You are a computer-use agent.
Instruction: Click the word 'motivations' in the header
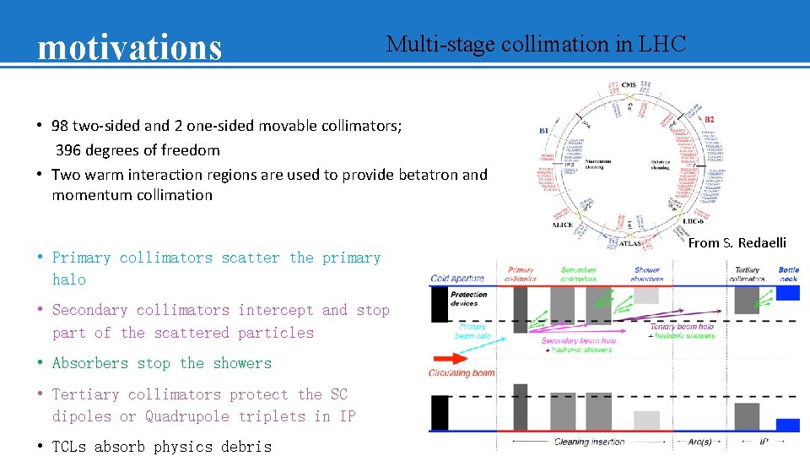point(129,47)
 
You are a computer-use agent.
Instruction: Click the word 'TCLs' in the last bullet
point(69,447)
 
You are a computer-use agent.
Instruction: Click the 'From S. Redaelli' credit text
point(737,243)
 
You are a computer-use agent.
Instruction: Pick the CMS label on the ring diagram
point(629,86)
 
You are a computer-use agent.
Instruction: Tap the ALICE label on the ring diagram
point(562,225)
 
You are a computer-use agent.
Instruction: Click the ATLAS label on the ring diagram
point(630,244)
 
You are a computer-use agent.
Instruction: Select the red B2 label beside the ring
point(709,120)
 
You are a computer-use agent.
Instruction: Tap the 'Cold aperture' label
point(456,278)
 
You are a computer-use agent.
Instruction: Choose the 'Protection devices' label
point(468,299)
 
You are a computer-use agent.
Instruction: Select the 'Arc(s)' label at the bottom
point(699,442)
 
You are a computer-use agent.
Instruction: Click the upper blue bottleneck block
point(786,293)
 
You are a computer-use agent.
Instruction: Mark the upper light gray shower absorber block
point(646,296)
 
